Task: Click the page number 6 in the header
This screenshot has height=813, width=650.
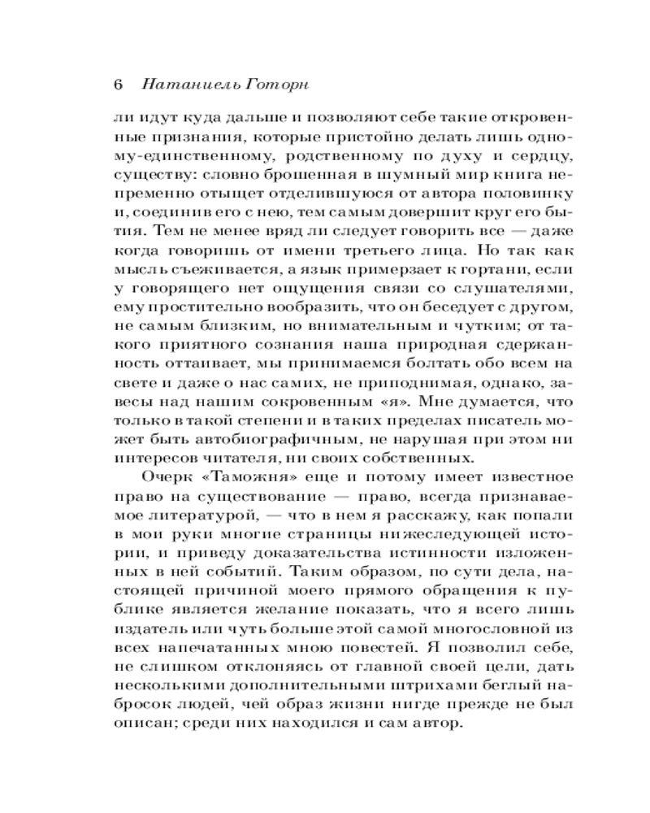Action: pyautogui.click(x=118, y=85)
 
